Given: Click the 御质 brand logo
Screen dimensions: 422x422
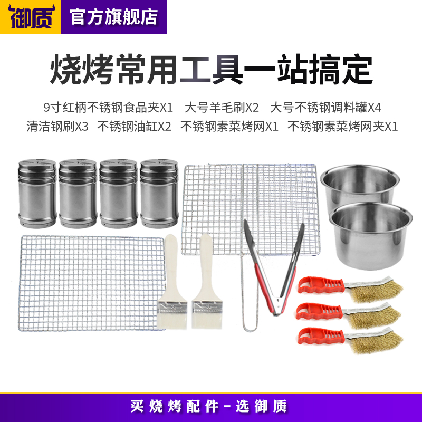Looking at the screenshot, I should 30,16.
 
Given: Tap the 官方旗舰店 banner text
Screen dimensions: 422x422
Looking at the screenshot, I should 114,16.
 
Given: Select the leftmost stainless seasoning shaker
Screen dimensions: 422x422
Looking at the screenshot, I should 37,193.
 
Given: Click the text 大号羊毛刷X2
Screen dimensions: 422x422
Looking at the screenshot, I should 222,108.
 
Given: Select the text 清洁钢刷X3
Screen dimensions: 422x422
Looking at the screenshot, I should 58,127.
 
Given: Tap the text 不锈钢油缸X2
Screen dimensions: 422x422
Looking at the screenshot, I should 134,127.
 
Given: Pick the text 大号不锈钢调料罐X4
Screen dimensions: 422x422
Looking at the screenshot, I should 325,108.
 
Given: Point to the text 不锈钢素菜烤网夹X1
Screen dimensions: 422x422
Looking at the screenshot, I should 342,127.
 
